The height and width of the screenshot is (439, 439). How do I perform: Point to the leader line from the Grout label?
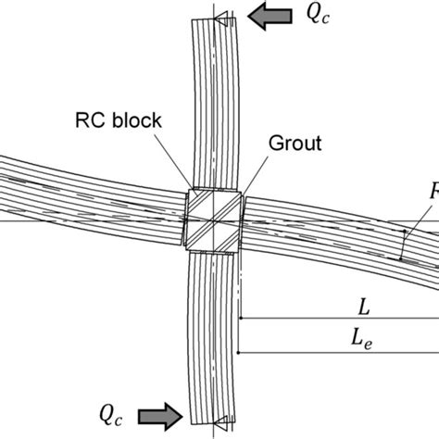coord(253,171)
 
